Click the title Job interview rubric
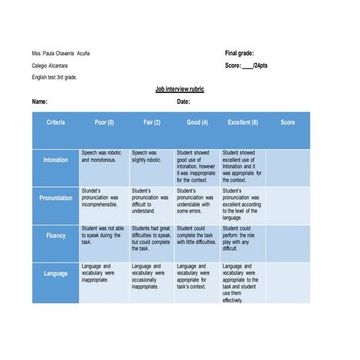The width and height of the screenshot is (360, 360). [180, 89]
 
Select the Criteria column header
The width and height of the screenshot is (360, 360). [56, 122]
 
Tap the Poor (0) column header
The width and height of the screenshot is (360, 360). [105, 122]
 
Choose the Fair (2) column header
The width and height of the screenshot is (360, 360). [152, 122]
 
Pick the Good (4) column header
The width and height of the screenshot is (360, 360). [197, 122]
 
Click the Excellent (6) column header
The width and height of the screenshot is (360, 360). [243, 122]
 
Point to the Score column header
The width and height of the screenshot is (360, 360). [288, 122]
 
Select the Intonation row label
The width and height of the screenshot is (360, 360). [56, 160]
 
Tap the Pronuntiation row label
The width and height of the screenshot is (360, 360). [56, 198]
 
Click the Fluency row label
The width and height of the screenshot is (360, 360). [56, 236]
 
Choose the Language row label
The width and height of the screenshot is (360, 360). [56, 274]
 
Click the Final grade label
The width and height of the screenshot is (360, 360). [239, 53]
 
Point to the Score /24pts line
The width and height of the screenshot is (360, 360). [247, 65]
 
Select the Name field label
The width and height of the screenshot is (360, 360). [40, 102]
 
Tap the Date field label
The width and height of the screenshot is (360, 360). [183, 102]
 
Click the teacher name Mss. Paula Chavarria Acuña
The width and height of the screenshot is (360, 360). [61, 54]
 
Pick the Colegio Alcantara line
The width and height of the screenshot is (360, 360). [50, 65]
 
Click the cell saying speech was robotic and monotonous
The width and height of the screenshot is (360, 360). [103, 156]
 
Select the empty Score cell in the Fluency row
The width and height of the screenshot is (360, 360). [288, 242]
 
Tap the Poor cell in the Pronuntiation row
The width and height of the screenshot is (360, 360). [103, 197]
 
